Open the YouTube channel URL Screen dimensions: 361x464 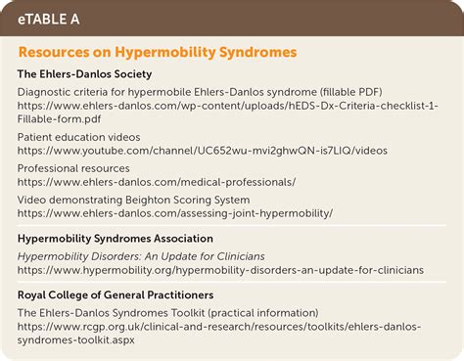pos(203,150)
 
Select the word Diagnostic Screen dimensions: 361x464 pos(49,95)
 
